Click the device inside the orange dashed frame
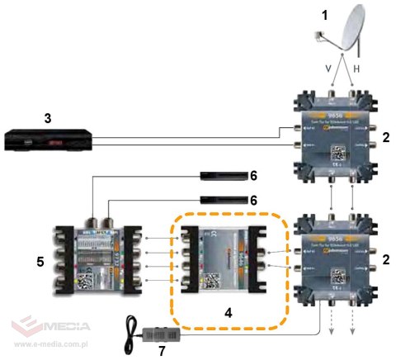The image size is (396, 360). [x=223, y=258]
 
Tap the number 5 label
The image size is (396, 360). [x=40, y=263]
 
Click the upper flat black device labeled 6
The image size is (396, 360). [x=224, y=176]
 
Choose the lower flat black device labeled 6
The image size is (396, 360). [x=224, y=201]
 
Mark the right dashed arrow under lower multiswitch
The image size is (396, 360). [x=354, y=324]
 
